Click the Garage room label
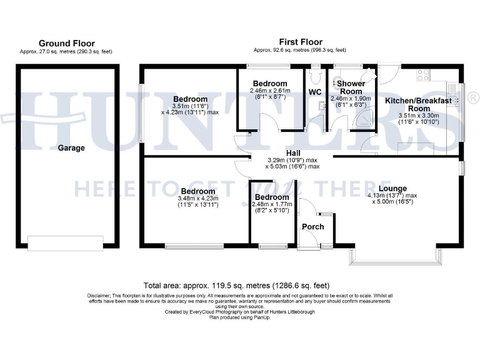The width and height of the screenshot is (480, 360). pos(71,148)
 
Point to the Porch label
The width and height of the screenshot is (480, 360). pos(313,226)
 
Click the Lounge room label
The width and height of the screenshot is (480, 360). pos(392,188)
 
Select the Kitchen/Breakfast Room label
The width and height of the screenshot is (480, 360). pos(418,104)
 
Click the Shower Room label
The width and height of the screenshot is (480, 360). pos(351,87)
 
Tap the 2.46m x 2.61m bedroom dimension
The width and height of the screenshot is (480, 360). pos(270,91)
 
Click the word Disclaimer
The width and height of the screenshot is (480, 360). pos(97,295)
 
